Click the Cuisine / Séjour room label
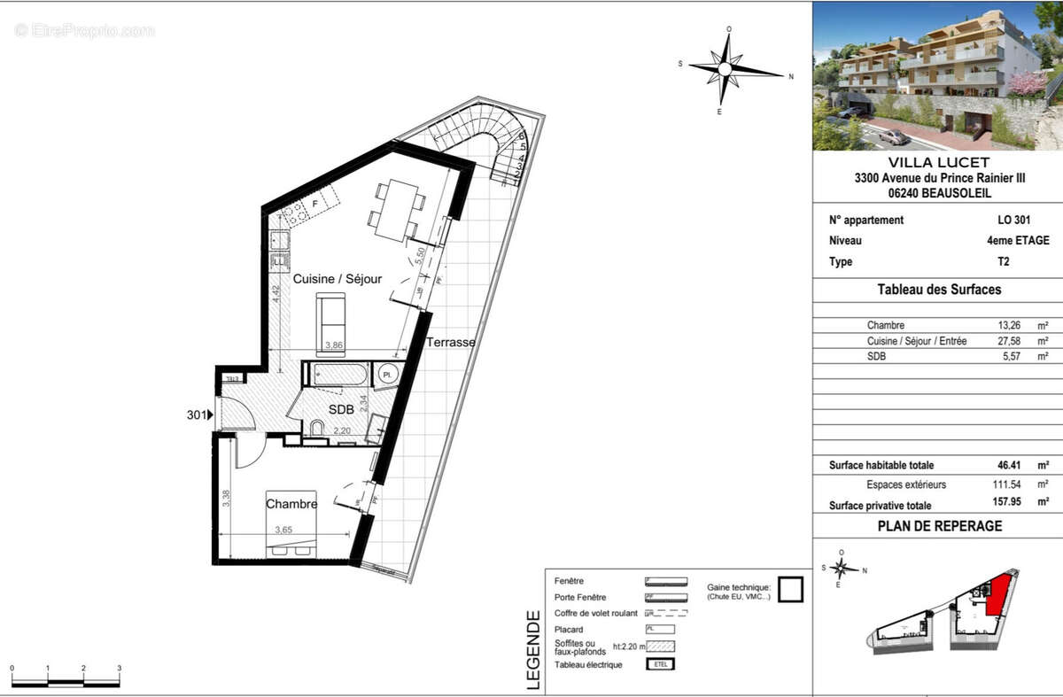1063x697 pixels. (x=338, y=279)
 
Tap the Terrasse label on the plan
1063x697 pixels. (x=450, y=342)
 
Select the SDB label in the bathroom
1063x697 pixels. (x=341, y=410)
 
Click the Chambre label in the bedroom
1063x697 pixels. (x=291, y=504)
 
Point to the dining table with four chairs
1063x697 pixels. (x=395, y=209)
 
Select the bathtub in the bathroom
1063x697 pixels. (x=337, y=375)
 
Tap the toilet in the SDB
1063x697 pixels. (x=315, y=430)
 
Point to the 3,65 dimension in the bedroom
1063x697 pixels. (x=283, y=530)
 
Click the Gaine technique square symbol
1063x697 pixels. (x=790, y=590)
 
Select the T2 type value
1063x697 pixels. (x=1003, y=262)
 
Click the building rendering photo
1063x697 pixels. (x=938, y=76)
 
